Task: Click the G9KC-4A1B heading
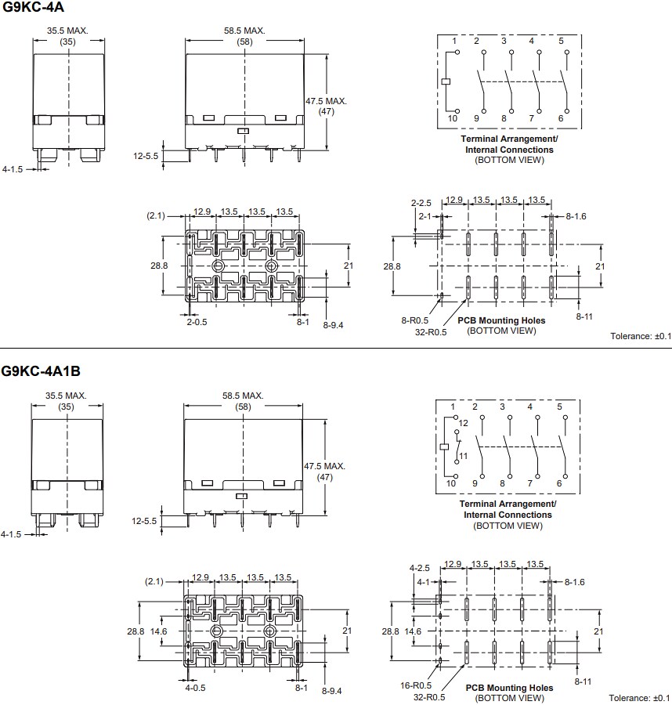pos(40,371)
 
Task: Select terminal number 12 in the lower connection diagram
pos(463,424)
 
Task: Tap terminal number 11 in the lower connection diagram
pos(463,455)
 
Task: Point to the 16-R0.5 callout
pos(417,685)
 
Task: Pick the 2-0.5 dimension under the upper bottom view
pos(197,321)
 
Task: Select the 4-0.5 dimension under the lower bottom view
pos(196,688)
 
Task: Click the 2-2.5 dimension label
pos(421,203)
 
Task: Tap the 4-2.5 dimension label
pos(420,568)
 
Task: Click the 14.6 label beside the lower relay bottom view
pos(159,631)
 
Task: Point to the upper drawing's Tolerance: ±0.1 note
pos(641,336)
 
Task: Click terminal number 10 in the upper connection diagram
pos(452,118)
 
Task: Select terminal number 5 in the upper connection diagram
pos(561,41)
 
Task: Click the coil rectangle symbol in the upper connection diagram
pos(445,81)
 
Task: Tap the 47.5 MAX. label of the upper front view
pos(326,101)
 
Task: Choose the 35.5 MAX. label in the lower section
pos(66,396)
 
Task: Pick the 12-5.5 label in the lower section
pos(146,521)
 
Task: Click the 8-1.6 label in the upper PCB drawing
pos(575,215)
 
